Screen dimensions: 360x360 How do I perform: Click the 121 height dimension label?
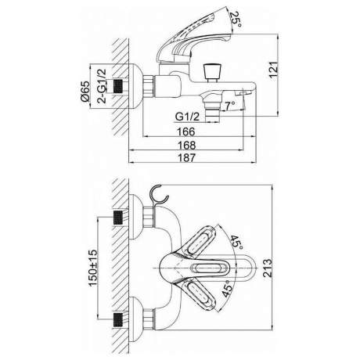point(274,70)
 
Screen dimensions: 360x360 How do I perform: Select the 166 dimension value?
point(186,131)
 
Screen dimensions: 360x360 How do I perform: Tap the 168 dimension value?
point(186,145)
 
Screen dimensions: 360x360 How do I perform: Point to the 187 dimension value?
point(186,157)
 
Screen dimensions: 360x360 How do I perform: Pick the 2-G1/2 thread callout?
point(102,86)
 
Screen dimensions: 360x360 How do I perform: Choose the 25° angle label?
point(236,21)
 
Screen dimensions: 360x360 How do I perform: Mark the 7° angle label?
point(230,106)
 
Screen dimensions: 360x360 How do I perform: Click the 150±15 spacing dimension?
point(93,268)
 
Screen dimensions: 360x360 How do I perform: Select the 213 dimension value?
point(268,268)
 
